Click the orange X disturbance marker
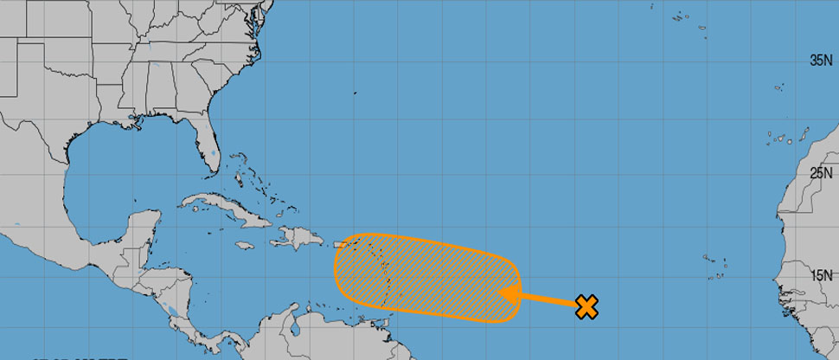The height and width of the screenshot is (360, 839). point(586,306)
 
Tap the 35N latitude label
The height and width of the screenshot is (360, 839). point(820,61)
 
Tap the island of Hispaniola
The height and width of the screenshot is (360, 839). point(298,235)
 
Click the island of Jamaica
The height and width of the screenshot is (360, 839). point(244,245)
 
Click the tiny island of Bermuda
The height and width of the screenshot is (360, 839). point(354,93)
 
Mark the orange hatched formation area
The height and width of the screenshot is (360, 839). point(424,277)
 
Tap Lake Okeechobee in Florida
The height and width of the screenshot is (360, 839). point(212,157)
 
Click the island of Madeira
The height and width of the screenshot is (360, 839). point(778,87)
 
